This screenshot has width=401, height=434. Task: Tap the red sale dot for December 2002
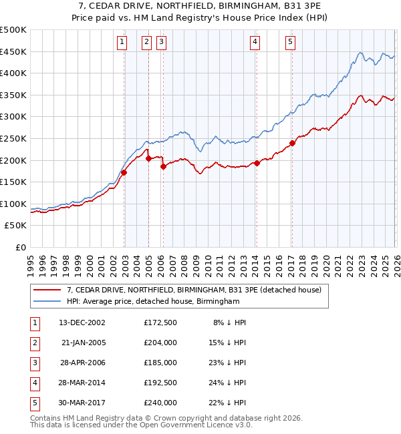click(124, 172)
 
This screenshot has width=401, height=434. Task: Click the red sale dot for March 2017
click(292, 143)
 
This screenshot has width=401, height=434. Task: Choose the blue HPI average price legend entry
click(153, 302)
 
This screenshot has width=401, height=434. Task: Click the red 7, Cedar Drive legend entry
click(194, 290)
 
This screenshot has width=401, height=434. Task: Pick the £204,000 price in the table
click(160, 343)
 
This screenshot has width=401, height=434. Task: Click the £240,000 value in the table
click(160, 403)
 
